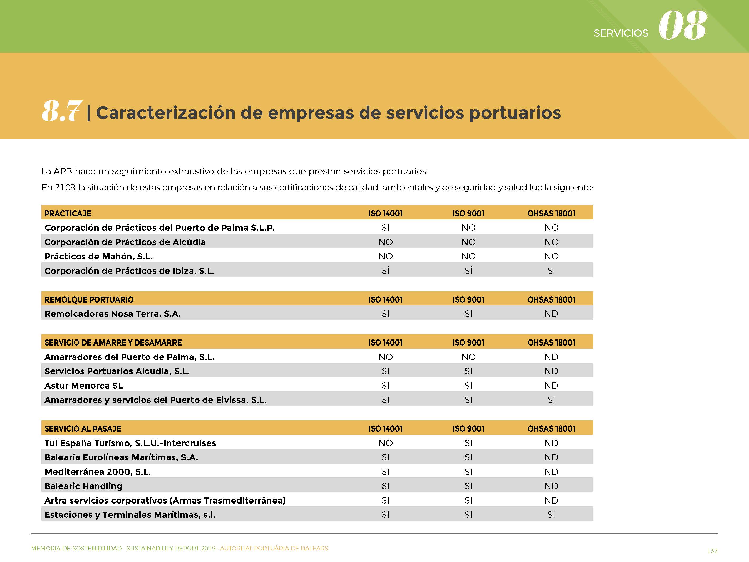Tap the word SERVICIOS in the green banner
coord(621,33)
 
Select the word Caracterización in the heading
coord(166,113)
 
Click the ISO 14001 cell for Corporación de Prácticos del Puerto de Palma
coord(385,228)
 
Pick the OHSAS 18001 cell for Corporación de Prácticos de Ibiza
coord(551,271)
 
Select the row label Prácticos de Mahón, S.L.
coord(98,257)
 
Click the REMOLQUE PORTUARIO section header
coord(89,300)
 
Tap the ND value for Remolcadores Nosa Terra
coord(551,314)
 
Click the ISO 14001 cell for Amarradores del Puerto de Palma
coord(385,357)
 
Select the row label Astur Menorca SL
coord(84,386)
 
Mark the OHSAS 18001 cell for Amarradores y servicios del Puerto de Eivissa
coord(551,400)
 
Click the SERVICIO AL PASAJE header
coord(83,429)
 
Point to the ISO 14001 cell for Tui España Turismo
coord(385,443)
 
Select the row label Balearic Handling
coord(83,486)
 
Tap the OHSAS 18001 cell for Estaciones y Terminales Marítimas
coord(551,515)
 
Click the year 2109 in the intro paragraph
coord(65,187)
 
